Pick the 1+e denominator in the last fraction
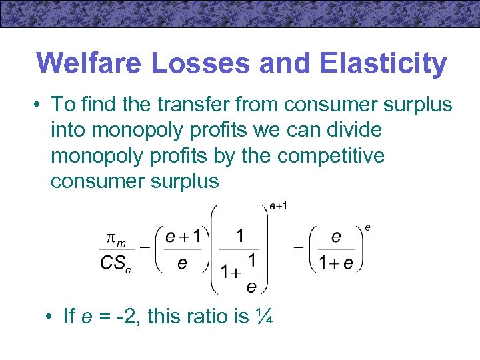pyautogui.click(x=336, y=263)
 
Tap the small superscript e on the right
pyautogui.click(x=367, y=227)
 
